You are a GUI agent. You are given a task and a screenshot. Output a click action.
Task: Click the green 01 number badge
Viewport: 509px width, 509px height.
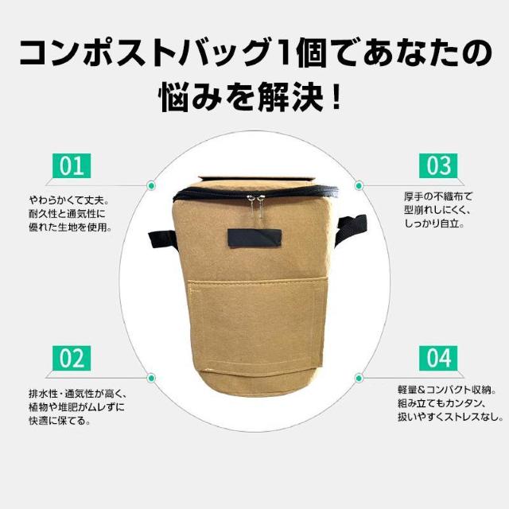(72, 166)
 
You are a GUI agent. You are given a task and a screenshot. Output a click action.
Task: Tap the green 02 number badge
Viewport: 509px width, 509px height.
(72, 358)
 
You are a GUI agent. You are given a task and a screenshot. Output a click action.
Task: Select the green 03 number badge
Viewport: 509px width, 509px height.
(438, 166)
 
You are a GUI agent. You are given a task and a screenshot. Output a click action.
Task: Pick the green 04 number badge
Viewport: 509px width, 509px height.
(438, 358)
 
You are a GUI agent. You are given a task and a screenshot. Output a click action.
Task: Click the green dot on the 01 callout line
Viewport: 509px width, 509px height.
(151, 185)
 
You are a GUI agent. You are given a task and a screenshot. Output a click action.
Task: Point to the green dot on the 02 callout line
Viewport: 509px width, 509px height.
(151, 378)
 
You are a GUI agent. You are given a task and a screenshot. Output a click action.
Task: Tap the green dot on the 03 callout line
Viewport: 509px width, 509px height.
(359, 185)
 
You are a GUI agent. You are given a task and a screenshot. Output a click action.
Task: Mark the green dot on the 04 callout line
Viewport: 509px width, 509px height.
(359, 378)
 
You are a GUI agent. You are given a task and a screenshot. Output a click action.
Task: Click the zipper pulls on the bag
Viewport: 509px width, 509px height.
(255, 204)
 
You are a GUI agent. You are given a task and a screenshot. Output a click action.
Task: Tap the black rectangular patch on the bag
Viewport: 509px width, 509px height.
(254, 239)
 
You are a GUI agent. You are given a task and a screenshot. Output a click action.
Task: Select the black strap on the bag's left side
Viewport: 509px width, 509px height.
(163, 239)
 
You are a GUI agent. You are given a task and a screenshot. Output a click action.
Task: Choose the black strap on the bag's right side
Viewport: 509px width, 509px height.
(352, 228)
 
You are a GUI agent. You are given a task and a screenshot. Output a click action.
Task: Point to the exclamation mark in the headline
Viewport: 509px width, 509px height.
(336, 97)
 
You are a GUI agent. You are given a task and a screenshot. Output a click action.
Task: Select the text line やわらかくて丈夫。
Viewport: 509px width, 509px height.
(69, 200)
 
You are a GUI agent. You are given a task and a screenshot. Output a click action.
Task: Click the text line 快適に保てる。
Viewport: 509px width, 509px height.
(60, 421)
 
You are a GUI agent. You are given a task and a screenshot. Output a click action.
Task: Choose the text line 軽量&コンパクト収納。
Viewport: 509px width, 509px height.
(447, 390)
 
